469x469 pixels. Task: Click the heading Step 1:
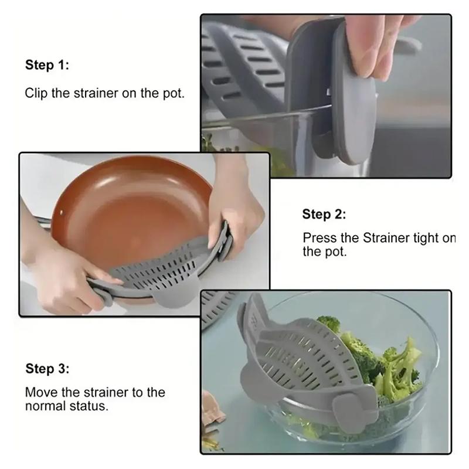(x=47, y=65)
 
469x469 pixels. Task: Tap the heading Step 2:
(x=324, y=214)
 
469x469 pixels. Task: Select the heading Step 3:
(x=47, y=369)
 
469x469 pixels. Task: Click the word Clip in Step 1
(x=36, y=93)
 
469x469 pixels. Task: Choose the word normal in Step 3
(x=46, y=406)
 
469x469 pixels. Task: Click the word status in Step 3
(x=89, y=406)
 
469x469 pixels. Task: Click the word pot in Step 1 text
(x=174, y=94)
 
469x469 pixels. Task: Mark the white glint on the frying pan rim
(x=62, y=212)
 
